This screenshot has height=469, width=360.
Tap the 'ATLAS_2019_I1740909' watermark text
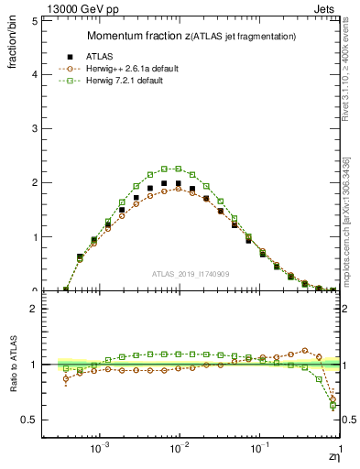193,274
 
